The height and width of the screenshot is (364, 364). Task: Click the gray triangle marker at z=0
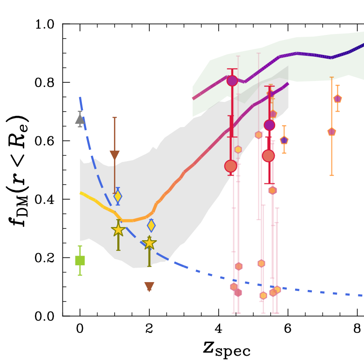pos(80,119)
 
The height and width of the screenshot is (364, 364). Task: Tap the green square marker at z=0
pos(80,260)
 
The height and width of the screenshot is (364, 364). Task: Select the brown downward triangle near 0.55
pos(115,155)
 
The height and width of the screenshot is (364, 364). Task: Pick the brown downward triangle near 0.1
pos(149,286)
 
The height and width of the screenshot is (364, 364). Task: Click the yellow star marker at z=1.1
pos(118,230)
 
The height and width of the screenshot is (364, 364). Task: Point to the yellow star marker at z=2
pos(149,243)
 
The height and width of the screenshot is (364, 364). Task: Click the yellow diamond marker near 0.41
pos(118,196)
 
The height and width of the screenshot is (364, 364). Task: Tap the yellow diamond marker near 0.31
pos(151,226)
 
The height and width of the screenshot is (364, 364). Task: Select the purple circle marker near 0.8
pos(232,81)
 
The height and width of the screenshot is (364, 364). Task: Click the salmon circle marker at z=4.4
pos(231,166)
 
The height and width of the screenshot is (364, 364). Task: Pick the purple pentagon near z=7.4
pos(337,99)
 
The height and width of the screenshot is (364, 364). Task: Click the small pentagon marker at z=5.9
pos(284,140)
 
